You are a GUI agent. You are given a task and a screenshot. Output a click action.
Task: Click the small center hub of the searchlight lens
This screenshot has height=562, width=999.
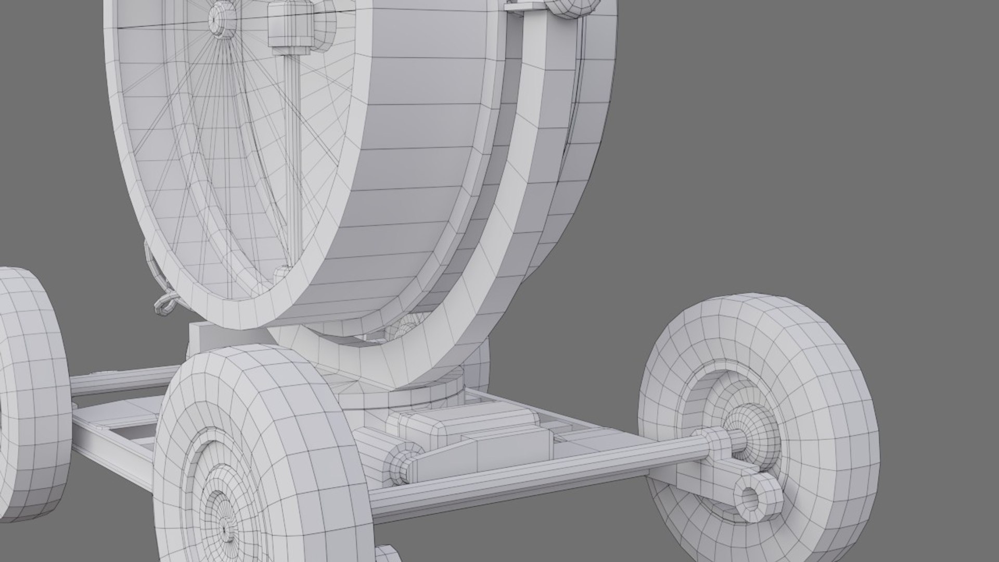215,18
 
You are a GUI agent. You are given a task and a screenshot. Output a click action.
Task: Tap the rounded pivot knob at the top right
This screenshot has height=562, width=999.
572,7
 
